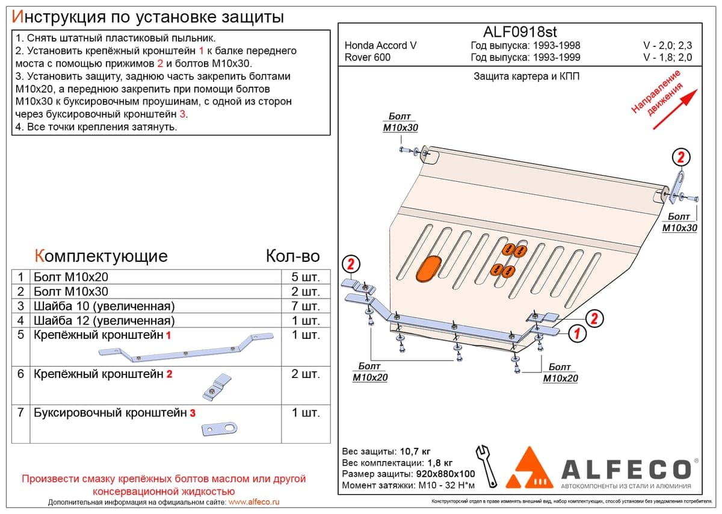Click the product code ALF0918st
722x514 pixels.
click(520, 32)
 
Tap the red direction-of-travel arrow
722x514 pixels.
click(676, 109)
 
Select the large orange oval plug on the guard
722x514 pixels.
click(428, 268)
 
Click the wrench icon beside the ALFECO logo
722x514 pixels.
click(486, 466)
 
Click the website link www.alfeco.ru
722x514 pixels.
click(254, 502)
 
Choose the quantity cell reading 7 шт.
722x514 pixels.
click(306, 306)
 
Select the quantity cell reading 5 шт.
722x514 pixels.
click(306, 277)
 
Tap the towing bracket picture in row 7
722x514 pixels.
click(220, 429)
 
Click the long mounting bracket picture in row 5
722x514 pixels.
click(186, 348)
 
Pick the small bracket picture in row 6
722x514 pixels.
click(217, 387)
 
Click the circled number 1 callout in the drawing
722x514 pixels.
click(576, 333)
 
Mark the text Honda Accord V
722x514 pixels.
click(380, 46)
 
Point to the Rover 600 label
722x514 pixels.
click(368, 57)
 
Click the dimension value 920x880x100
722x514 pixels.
click(445, 474)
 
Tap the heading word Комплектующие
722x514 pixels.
click(101, 256)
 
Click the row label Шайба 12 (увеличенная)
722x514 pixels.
click(104, 321)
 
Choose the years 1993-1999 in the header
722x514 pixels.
click(557, 57)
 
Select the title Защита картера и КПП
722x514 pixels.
click(526, 76)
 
